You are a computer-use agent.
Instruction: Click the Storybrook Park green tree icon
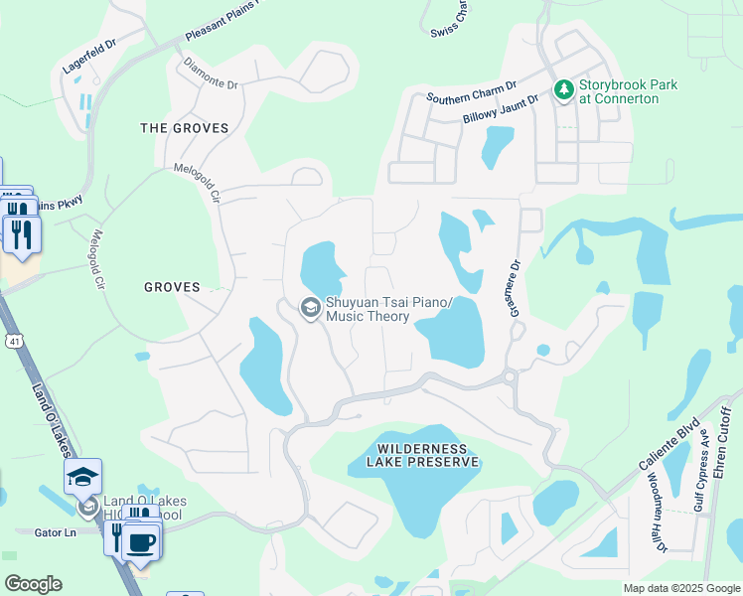(564, 91)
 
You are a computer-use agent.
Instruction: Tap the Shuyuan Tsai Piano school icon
(310, 309)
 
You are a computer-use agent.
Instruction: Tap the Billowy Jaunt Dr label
(500, 110)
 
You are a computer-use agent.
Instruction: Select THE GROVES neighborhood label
(184, 128)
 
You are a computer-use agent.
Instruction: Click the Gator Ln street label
(57, 533)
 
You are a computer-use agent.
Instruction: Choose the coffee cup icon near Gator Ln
(141, 541)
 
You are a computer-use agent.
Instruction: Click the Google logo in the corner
(33, 584)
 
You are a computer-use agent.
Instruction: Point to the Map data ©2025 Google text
(680, 588)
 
